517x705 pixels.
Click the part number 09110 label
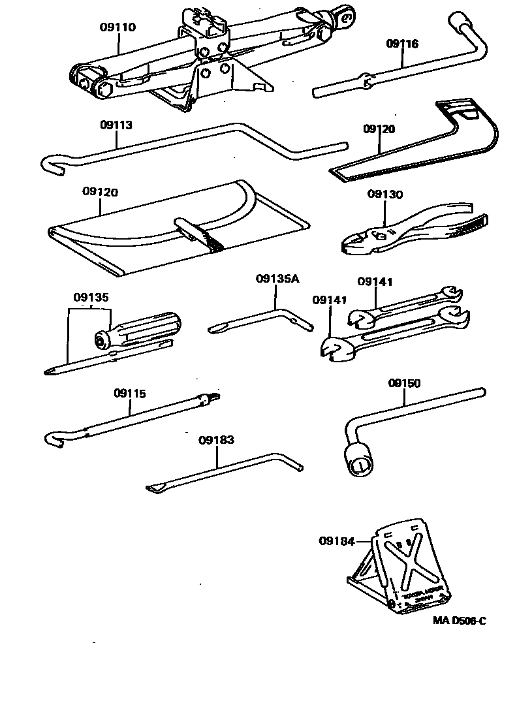tap(118, 27)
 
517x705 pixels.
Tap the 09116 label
tap(402, 44)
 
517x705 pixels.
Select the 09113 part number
tap(117, 125)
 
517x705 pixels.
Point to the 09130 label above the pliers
tap(385, 194)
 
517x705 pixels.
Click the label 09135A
tap(277, 279)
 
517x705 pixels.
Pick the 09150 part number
tap(405, 383)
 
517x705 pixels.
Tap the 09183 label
tap(216, 440)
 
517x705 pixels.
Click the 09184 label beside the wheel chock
tap(336, 541)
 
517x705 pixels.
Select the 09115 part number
tap(130, 394)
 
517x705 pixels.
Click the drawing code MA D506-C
tap(460, 621)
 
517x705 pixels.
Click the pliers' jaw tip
tap(345, 247)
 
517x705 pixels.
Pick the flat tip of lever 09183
tap(154, 488)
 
